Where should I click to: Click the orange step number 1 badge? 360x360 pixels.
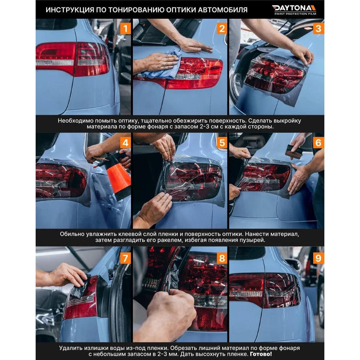[x=125, y=29]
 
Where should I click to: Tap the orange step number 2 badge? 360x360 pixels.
[x=222, y=29]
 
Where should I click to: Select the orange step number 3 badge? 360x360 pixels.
[x=319, y=29]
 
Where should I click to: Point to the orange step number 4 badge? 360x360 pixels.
[x=125, y=143]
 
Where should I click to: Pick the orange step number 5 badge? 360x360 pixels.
[x=222, y=143]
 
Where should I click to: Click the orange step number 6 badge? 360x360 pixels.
[x=319, y=143]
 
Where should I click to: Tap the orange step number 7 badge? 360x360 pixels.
[x=125, y=258]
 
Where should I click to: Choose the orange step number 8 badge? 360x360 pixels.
[x=222, y=258]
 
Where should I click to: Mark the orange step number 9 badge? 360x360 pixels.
[x=319, y=258]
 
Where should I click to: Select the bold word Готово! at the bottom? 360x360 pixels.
[x=261, y=354]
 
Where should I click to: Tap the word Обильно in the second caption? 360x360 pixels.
[x=72, y=234]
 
